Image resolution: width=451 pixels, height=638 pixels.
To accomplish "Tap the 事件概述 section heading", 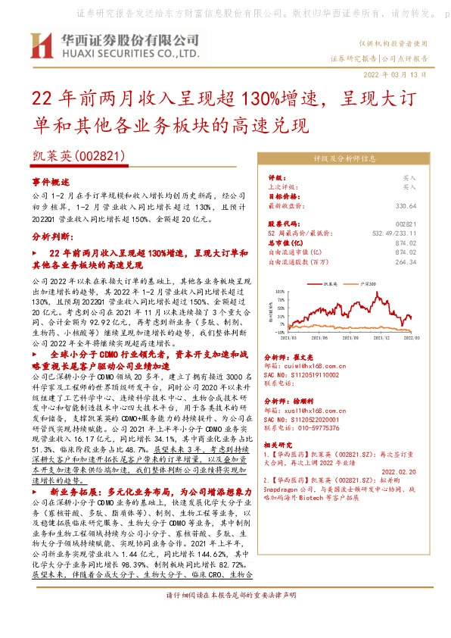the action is (x=50, y=182).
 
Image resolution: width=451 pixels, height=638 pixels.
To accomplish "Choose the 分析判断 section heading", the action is (x=51, y=236).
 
